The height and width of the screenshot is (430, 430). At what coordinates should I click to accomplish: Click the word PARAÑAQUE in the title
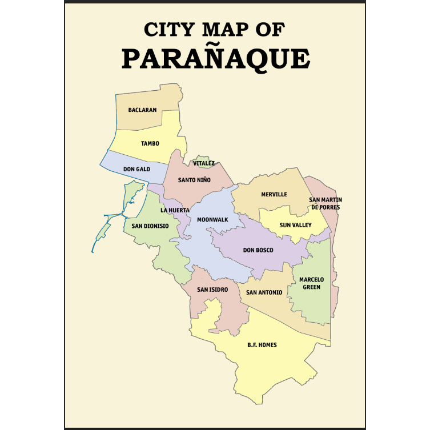[216, 58]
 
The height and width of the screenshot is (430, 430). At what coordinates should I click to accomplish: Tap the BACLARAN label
[142, 110]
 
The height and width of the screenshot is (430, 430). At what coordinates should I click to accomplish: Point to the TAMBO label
[150, 143]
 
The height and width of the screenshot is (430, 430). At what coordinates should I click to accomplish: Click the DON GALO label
[136, 170]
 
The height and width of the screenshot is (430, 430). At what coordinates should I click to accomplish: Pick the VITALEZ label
[204, 163]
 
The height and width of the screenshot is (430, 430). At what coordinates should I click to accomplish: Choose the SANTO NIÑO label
[194, 180]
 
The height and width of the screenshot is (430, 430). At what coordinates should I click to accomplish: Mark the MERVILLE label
[274, 194]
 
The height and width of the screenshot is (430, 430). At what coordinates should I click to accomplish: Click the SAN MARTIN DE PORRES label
[325, 203]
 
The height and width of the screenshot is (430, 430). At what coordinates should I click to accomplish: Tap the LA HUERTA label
[175, 210]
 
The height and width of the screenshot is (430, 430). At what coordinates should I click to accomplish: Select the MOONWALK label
[212, 219]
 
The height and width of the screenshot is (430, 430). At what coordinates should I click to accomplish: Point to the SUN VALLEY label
[295, 225]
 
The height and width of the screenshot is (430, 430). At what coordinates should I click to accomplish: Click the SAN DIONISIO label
[150, 226]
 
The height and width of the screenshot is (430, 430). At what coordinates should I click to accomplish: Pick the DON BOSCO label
[258, 250]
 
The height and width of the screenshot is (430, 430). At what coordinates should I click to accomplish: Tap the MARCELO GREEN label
[311, 283]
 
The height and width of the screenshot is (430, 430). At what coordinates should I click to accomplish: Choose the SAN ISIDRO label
[212, 290]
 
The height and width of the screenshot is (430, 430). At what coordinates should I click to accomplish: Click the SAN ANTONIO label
[264, 292]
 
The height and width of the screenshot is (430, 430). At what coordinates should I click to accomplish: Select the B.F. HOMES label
[262, 345]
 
